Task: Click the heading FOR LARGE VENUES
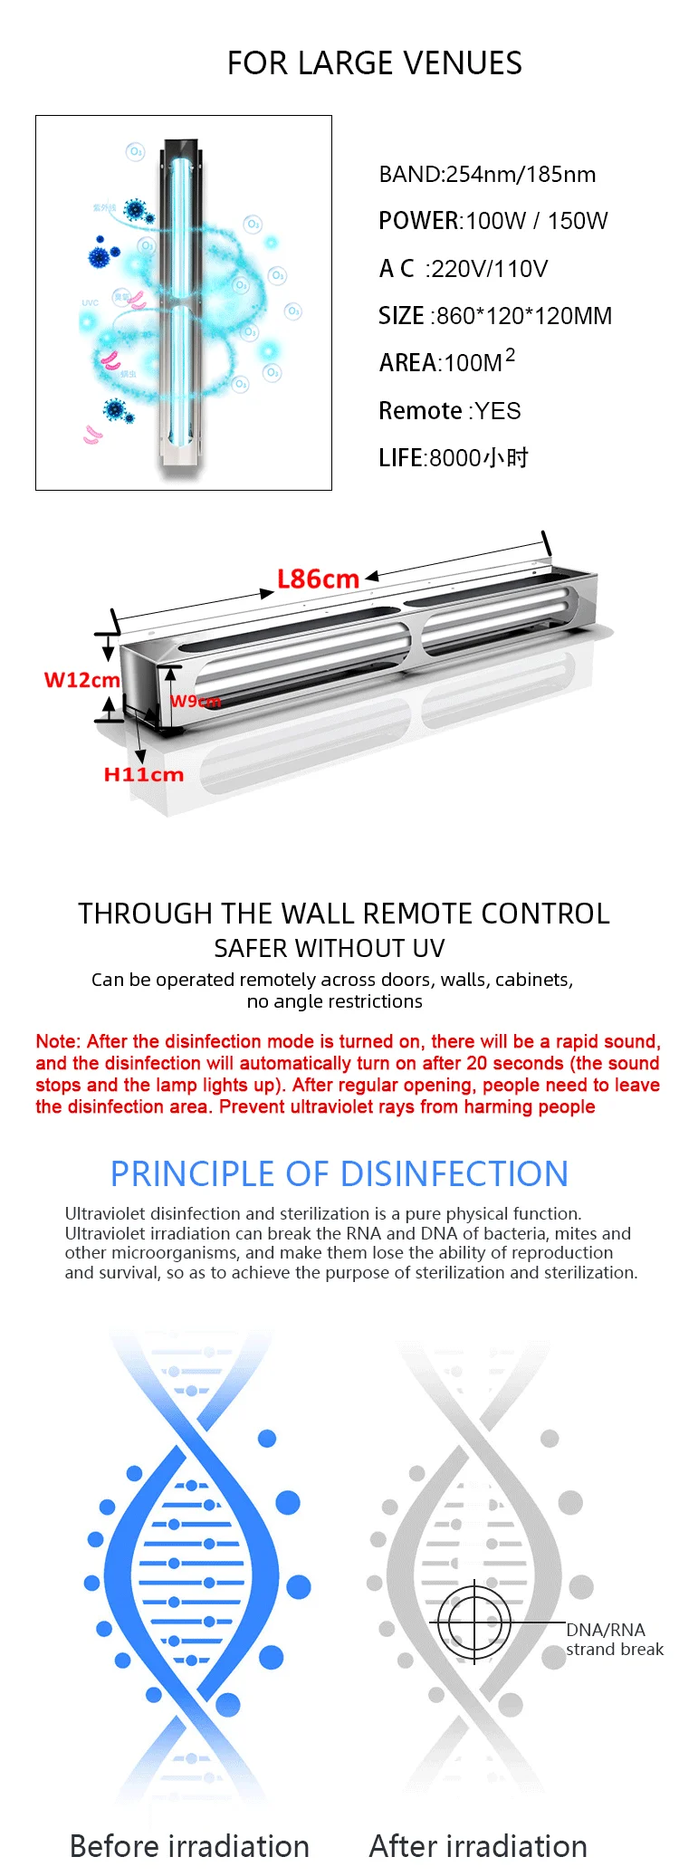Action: coord(374,63)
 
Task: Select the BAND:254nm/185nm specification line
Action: coord(487,175)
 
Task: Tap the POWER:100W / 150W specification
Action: coord(493,221)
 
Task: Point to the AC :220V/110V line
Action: coord(463,269)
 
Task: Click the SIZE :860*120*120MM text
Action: coord(494,316)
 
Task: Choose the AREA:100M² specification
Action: coord(446,361)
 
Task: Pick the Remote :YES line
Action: coord(449,411)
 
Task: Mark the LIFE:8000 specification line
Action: coord(453,458)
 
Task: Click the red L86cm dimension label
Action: coord(318,579)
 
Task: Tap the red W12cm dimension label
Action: coord(81,680)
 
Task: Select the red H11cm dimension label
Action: coord(143,775)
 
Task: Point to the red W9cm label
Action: coord(195,702)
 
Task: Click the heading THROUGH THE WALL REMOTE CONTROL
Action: coord(343,914)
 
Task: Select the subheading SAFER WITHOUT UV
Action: coord(330,948)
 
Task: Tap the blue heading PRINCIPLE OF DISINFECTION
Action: coord(339,1174)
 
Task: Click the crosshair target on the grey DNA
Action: coord(474,1622)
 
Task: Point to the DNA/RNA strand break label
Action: coord(614,1640)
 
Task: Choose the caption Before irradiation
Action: coord(189,1846)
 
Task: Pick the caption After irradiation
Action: coord(478,1846)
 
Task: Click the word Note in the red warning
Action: coord(56,1042)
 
